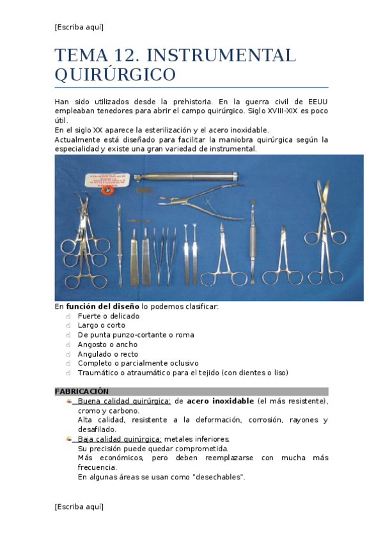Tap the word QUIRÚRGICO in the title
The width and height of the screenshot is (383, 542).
pos(115,75)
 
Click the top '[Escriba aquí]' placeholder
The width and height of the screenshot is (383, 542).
pos(79,27)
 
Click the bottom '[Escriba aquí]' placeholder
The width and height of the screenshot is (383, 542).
pos(79,506)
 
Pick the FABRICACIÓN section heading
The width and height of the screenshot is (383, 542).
pos(82,391)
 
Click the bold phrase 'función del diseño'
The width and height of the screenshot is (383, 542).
pos(103,306)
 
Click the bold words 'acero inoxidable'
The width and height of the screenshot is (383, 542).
pos(220,401)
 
